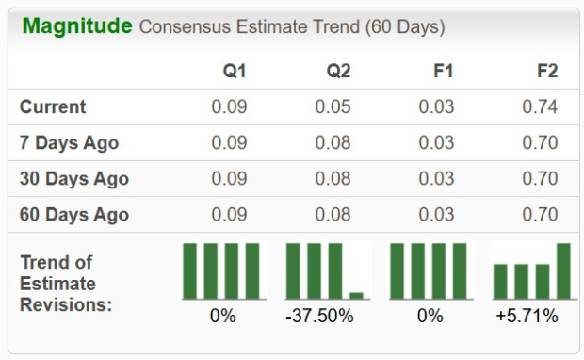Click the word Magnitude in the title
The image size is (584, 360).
tap(76, 26)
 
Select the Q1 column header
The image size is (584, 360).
tap(235, 71)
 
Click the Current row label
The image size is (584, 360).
tap(53, 107)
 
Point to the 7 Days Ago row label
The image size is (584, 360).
tap(70, 143)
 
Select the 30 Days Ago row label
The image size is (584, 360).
tap(74, 179)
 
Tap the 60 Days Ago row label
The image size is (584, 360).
tap(74, 215)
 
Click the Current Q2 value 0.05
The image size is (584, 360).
tap(333, 107)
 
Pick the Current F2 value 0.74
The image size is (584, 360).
tap(540, 107)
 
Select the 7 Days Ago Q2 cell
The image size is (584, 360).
tap(333, 143)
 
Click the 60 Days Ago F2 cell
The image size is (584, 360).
tap(540, 215)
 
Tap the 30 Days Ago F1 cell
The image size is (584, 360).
tap(437, 179)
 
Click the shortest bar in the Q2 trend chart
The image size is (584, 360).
tap(356, 295)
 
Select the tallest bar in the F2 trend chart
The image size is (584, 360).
tap(563, 271)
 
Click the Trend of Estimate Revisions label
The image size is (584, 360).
tap(66, 284)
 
